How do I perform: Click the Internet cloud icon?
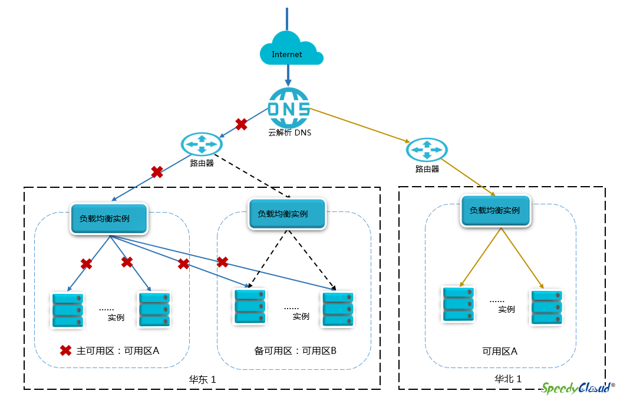(x=291, y=49)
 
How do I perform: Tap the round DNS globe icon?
(x=289, y=108)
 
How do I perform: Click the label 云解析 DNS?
(x=290, y=133)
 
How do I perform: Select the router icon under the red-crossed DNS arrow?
(x=202, y=144)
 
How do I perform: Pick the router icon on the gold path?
(x=427, y=150)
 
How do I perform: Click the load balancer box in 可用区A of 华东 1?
(x=109, y=219)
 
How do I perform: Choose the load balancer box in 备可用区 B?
(x=287, y=214)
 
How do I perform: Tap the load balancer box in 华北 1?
(x=496, y=211)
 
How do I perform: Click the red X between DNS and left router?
(x=241, y=124)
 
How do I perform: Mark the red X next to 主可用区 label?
(x=66, y=350)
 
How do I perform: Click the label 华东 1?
(x=203, y=379)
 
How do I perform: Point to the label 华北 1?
(x=508, y=379)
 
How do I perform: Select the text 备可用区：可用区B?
(x=295, y=350)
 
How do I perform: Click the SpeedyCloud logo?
(x=578, y=388)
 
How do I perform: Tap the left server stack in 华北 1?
(x=459, y=304)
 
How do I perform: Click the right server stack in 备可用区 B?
(x=338, y=309)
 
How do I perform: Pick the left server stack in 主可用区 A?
(x=68, y=310)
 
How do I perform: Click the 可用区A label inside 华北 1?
(x=500, y=352)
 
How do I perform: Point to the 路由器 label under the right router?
(x=427, y=169)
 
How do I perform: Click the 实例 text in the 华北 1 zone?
(x=506, y=309)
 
